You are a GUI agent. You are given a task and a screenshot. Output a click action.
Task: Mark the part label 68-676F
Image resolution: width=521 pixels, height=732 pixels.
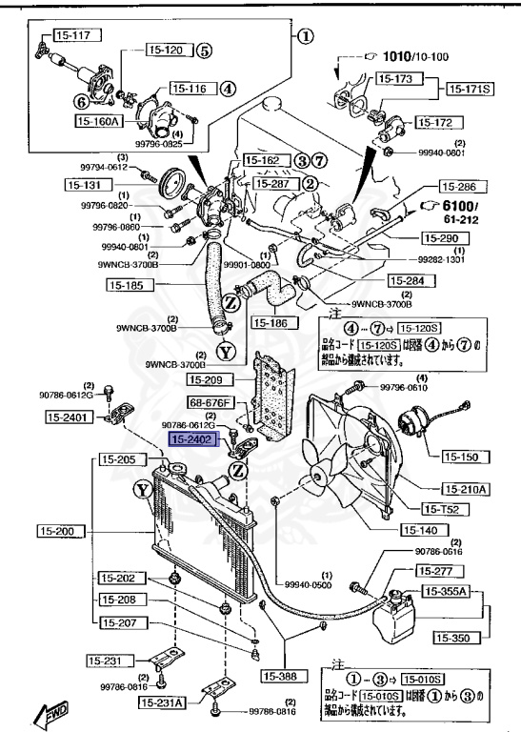(x=210, y=403)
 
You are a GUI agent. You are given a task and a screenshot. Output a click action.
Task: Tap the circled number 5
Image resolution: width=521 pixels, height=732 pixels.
(x=204, y=51)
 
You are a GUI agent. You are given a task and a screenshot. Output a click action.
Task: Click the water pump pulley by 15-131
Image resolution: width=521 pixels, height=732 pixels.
(x=175, y=182)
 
